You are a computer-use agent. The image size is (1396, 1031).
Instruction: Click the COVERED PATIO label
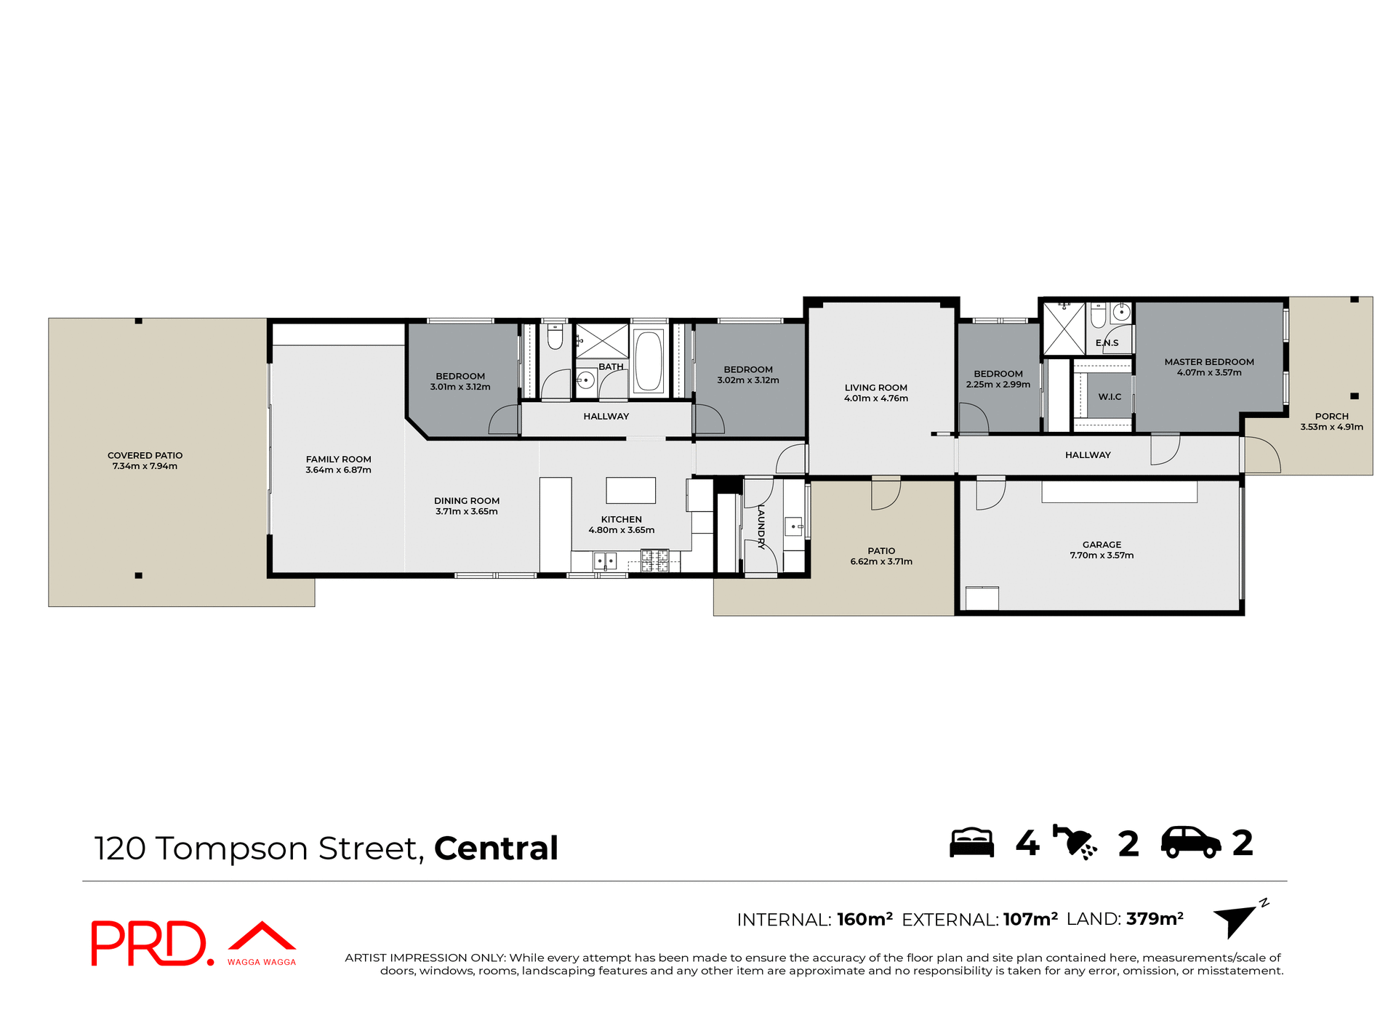(x=145, y=455)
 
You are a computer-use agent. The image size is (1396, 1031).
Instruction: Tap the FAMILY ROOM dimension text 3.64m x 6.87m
(x=338, y=470)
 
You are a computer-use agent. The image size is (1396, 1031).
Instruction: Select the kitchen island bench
(x=630, y=490)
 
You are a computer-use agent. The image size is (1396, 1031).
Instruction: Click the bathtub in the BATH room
(x=648, y=361)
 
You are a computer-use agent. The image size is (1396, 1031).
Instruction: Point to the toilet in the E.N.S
(x=1098, y=315)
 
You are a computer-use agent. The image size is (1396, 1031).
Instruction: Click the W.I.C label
(x=1110, y=397)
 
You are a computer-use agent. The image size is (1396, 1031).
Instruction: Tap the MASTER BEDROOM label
(x=1208, y=361)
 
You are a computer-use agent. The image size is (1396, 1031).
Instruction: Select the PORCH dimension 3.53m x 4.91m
(x=1331, y=428)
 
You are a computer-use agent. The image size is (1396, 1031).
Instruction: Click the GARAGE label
(x=1102, y=545)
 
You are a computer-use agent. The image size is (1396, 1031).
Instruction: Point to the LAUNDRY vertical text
(x=761, y=526)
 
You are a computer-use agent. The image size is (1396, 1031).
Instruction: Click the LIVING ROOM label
(x=875, y=388)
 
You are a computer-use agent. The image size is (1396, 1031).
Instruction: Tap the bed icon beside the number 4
(x=971, y=843)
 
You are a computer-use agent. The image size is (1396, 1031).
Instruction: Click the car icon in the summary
(x=1190, y=843)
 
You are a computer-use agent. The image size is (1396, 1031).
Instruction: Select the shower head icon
(x=1075, y=843)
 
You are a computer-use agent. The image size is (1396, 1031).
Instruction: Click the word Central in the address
(x=496, y=849)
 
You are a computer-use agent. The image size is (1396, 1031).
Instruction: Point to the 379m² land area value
(x=1154, y=919)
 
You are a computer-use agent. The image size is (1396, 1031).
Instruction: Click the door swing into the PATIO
(x=886, y=494)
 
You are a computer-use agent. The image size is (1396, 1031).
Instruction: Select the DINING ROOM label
(x=466, y=501)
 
